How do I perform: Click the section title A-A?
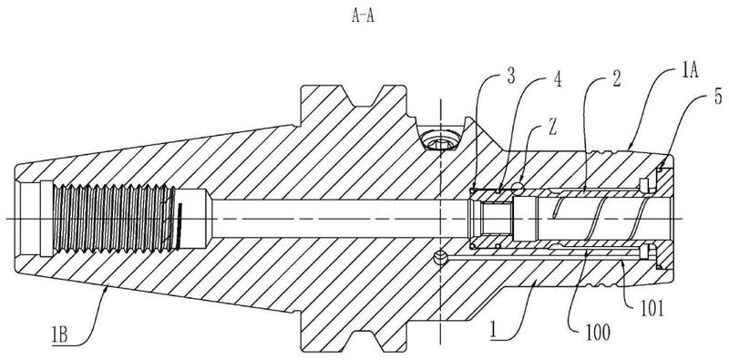[363, 17]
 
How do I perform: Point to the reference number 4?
[557, 79]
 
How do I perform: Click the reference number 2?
[616, 79]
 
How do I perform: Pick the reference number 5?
[719, 97]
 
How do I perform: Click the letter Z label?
[552, 129]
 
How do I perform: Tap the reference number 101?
[652, 309]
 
